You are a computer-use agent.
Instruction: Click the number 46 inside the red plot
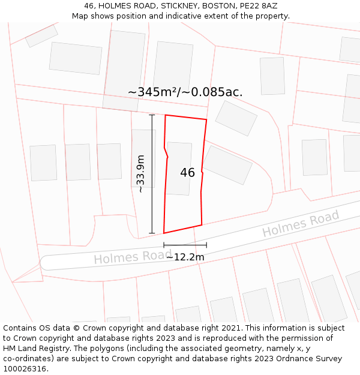click(187, 173)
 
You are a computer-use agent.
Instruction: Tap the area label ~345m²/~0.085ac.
click(185, 92)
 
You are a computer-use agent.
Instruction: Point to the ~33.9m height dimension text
click(141, 173)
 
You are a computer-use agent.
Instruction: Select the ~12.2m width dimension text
click(185, 257)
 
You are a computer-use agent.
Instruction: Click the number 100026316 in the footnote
click(26, 368)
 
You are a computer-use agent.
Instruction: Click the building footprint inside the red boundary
click(179, 169)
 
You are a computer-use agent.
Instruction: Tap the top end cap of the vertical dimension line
click(152, 115)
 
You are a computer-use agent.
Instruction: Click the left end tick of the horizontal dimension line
click(164, 245)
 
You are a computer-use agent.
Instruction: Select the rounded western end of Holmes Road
click(43, 263)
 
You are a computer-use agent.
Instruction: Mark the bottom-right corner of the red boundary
click(202, 225)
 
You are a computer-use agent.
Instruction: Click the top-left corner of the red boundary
click(165, 115)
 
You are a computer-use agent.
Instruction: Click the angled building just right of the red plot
click(227, 165)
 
